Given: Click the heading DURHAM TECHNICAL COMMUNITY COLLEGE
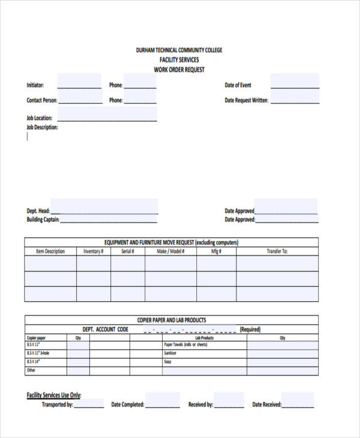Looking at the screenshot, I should pyautogui.click(x=179, y=50).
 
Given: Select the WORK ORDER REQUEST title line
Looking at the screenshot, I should pyautogui.click(x=179, y=70).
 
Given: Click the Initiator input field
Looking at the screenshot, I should pyautogui.click(x=79, y=82).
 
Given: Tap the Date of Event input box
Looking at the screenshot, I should pyautogui.click(x=295, y=82).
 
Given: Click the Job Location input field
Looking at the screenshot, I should pyautogui.click(x=107, y=115).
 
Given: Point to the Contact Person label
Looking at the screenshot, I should pyautogui.click(x=42, y=101).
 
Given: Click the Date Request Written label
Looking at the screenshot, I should pyautogui.click(x=246, y=101).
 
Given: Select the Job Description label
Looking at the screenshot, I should pyautogui.click(x=42, y=128).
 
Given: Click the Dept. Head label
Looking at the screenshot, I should pyautogui.click(x=38, y=211).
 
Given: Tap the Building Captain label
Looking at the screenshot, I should pyautogui.click(x=43, y=220).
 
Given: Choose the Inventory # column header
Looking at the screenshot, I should pyautogui.click(x=94, y=251).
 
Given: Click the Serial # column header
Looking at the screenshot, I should pyautogui.click(x=128, y=251).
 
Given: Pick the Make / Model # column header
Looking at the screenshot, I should pyautogui.click(x=170, y=251).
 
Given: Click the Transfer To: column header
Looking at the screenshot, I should pyautogui.click(x=277, y=251).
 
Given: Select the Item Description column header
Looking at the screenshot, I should pyautogui.click(x=50, y=251).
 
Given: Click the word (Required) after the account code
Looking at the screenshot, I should pyautogui.click(x=250, y=329).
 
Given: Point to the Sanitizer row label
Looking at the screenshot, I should pyautogui.click(x=170, y=353).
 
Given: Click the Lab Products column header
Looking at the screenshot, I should pyautogui.click(x=204, y=338).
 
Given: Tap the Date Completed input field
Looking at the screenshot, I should pyautogui.click(x=162, y=401).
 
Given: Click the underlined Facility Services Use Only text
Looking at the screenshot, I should pyautogui.click(x=54, y=395).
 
